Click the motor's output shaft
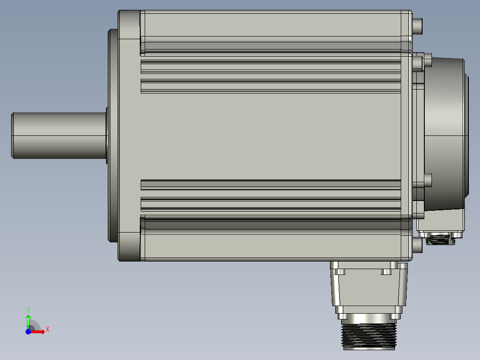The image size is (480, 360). (x=58, y=135)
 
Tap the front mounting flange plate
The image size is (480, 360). (x=129, y=135)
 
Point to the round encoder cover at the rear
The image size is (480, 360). (x=445, y=134)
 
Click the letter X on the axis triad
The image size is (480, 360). (x=48, y=329)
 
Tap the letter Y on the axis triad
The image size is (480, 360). (x=28, y=309)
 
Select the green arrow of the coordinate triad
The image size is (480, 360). (x=28, y=320)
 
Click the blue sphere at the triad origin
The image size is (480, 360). (x=28, y=331)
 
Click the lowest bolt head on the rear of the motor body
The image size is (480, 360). (x=418, y=245)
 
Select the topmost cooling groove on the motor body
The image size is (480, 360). (x=271, y=67)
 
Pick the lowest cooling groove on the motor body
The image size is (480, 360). (x=271, y=204)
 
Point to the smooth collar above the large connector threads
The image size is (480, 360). (x=368, y=317)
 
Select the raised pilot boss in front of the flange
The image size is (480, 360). (x=113, y=135)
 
